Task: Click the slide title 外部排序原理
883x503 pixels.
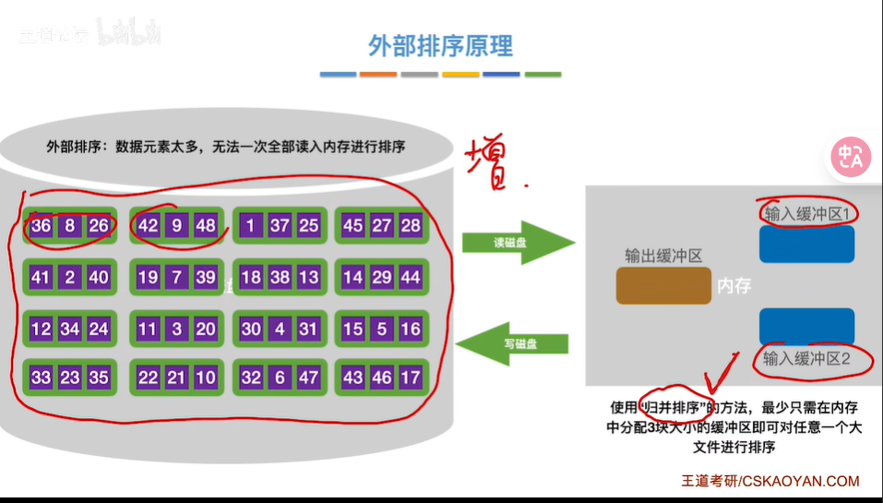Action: pos(440,45)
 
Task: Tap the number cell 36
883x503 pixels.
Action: pos(42,226)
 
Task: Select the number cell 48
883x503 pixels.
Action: pos(205,226)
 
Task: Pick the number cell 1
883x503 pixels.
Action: pos(250,226)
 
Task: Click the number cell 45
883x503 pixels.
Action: pos(352,226)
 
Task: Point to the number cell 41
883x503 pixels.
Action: pos(42,277)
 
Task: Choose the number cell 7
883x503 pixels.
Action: pos(176,277)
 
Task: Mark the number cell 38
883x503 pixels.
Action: pos(279,277)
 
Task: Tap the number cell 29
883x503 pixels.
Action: pos(381,277)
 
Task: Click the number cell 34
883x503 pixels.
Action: pos(70,329)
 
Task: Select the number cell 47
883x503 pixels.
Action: pos(308,377)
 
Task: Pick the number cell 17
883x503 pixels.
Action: pos(411,377)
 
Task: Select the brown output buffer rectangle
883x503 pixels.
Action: pos(662,285)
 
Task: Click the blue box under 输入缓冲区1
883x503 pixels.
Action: pos(806,245)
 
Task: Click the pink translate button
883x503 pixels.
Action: pos(850,157)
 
